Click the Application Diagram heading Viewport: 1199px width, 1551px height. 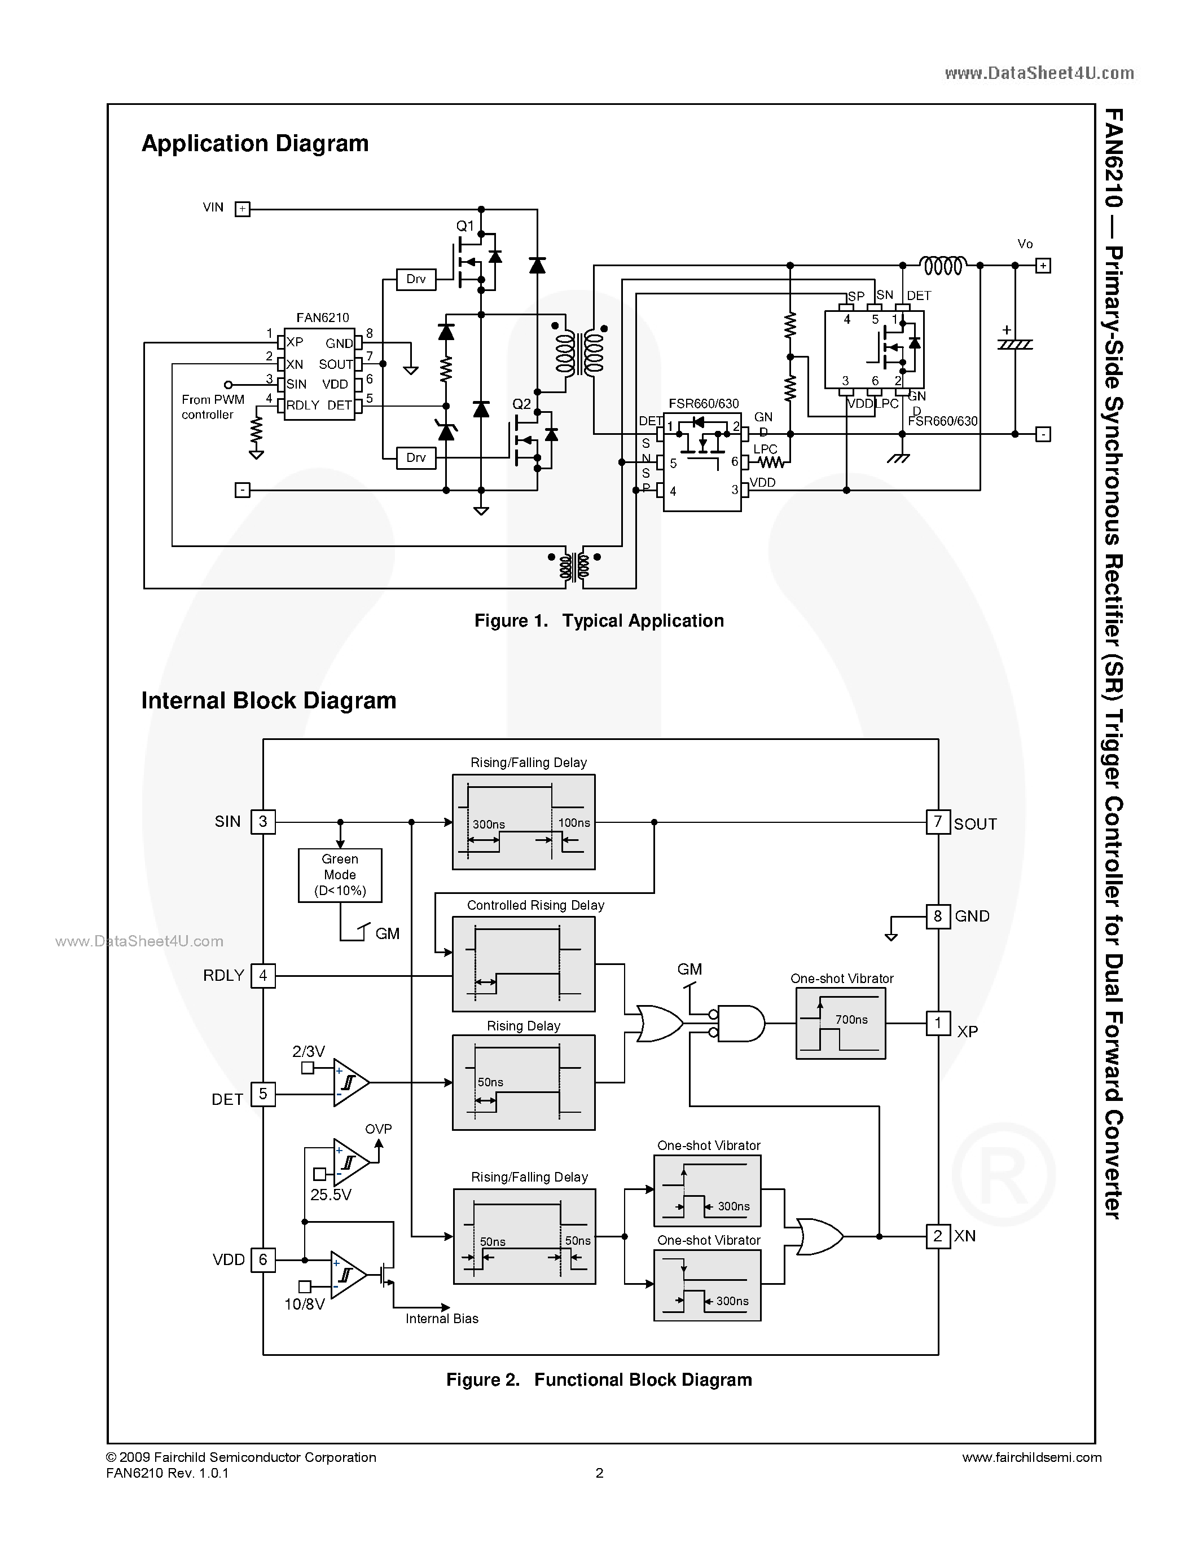(x=255, y=143)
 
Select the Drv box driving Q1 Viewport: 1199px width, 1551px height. (x=415, y=279)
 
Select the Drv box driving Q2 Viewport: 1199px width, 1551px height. (x=415, y=458)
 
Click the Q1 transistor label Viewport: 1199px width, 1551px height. (x=464, y=226)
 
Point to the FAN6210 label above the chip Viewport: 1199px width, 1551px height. (x=323, y=318)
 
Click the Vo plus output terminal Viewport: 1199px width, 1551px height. (x=1043, y=266)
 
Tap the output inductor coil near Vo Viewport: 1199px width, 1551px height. (x=943, y=266)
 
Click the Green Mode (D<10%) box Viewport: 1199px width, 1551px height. (x=340, y=875)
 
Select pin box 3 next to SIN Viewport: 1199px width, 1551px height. (x=263, y=822)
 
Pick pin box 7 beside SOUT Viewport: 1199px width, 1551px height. (x=938, y=822)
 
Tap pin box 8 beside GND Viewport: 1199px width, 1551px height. (x=938, y=916)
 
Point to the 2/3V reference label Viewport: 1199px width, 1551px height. (x=308, y=1051)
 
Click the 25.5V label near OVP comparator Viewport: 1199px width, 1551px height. (x=331, y=1195)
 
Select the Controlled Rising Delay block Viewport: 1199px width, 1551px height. (x=524, y=964)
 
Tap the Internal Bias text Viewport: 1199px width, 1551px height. (x=442, y=1318)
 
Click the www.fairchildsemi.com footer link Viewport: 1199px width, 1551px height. (x=1031, y=1457)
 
